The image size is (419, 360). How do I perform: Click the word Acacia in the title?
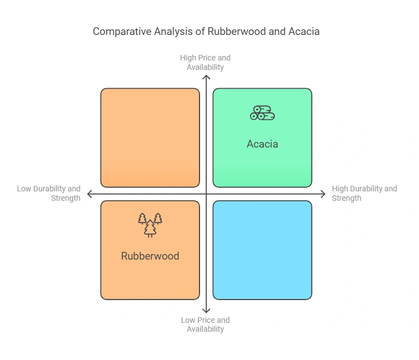tap(304, 32)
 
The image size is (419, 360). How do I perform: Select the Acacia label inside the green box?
tap(262, 144)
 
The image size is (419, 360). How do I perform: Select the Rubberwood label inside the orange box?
tap(150, 256)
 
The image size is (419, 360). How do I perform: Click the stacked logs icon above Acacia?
tap(262, 113)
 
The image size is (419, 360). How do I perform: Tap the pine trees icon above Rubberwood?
tap(150, 225)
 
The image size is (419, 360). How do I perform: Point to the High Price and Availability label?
tap(205, 62)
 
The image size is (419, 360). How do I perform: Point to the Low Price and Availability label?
tap(205, 324)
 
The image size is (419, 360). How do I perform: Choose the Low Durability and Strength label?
tap(49, 194)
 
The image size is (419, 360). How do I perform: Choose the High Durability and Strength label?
tap(364, 194)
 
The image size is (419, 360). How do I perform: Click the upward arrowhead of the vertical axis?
tap(206, 78)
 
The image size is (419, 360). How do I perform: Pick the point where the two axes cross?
tap(206, 194)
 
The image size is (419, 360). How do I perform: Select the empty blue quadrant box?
tap(262, 250)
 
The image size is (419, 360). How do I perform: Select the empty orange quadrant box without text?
tap(150, 138)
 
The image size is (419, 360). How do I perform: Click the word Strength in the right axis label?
tap(346, 198)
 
